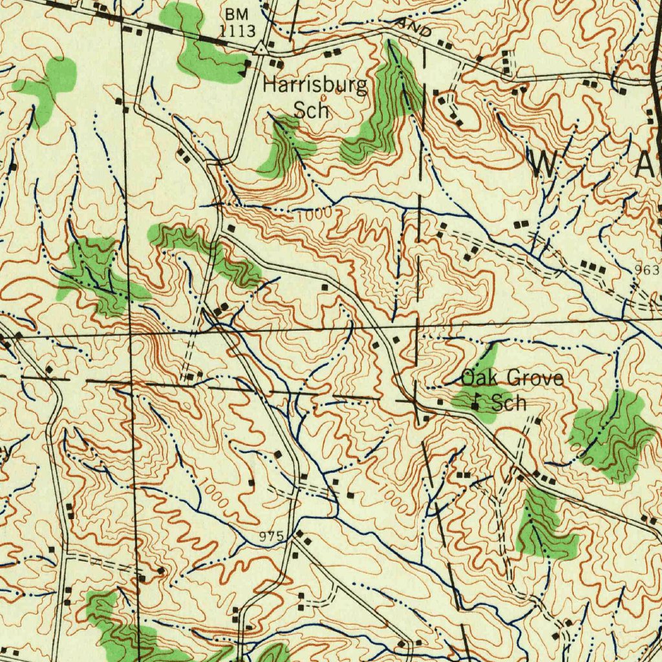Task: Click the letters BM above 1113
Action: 237,13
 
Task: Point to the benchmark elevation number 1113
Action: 237,30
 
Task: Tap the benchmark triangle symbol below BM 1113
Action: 261,48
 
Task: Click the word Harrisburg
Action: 315,85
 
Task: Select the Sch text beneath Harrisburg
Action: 312,110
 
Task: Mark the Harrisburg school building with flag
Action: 246,66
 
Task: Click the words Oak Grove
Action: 511,378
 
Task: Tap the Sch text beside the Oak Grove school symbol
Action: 509,403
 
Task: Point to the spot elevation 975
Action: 271,536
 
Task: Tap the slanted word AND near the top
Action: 415,28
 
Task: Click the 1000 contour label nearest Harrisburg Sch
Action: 314,214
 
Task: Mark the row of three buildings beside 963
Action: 593,266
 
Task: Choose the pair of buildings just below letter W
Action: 521,224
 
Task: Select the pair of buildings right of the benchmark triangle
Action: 276,63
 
